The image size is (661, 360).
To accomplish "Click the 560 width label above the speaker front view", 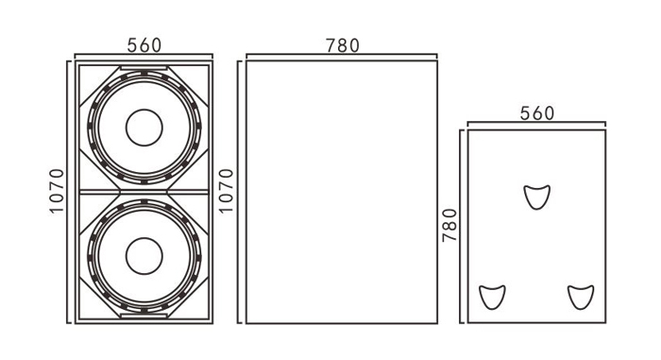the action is (144, 45).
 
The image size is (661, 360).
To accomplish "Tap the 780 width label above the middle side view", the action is (342, 45).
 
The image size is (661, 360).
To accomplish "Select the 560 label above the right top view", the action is (536, 113).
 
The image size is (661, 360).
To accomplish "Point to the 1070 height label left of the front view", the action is (57, 191).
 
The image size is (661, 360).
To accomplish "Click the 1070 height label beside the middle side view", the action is (226, 191).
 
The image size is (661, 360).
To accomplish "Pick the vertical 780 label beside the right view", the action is (449, 225).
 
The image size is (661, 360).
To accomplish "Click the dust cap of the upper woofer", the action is (144, 128).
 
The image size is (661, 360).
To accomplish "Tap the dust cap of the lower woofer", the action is (144, 256).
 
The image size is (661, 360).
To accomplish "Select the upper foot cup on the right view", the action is (536, 197).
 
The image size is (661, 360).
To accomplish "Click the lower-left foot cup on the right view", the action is (492, 297).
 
